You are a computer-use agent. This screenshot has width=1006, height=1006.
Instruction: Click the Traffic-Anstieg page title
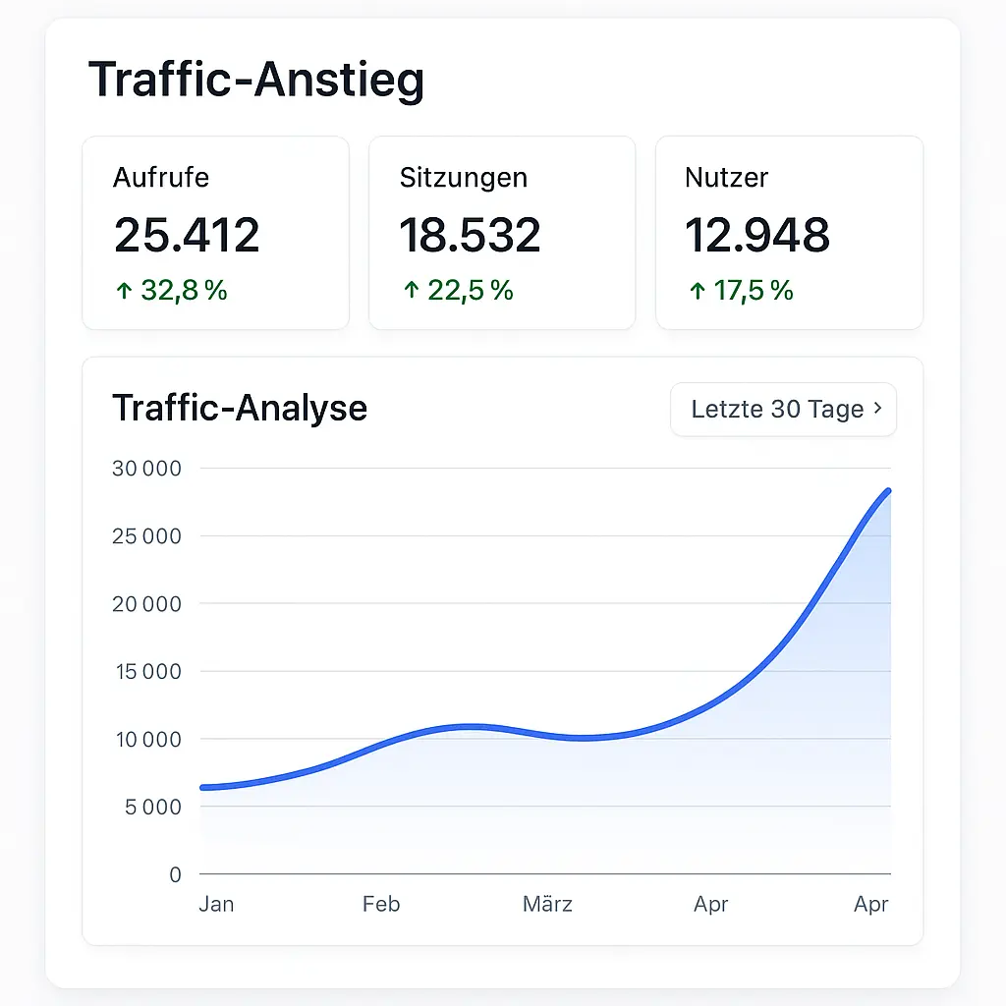[256, 80]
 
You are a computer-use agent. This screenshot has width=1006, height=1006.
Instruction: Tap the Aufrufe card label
[161, 178]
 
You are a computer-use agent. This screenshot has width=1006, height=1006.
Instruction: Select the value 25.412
[187, 236]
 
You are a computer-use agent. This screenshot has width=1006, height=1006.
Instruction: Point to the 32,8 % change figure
[184, 291]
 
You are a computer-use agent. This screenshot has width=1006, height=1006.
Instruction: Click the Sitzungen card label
[463, 178]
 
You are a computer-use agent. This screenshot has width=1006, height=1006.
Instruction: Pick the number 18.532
[470, 236]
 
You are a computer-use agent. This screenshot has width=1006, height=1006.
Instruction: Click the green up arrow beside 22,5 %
[411, 291]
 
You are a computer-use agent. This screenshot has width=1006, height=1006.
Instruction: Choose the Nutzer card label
[726, 178]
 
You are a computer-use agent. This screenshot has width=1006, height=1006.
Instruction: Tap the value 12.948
[757, 236]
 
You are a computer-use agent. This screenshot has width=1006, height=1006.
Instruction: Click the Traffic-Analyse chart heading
[240, 408]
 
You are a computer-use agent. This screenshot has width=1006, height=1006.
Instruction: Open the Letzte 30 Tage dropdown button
[783, 410]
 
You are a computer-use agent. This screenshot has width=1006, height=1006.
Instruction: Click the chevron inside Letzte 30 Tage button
[877, 410]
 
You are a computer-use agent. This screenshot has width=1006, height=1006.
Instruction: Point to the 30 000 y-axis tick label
[147, 469]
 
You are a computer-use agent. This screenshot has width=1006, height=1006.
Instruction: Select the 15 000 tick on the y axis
[147, 672]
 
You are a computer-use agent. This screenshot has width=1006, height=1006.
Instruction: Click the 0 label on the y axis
[175, 874]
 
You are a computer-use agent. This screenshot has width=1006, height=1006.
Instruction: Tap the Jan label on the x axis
[216, 904]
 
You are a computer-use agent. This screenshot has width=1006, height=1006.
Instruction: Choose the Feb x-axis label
[381, 904]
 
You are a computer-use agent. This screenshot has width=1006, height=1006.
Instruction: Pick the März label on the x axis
[547, 904]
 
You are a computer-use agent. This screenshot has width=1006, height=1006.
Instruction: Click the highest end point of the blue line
[888, 490]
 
